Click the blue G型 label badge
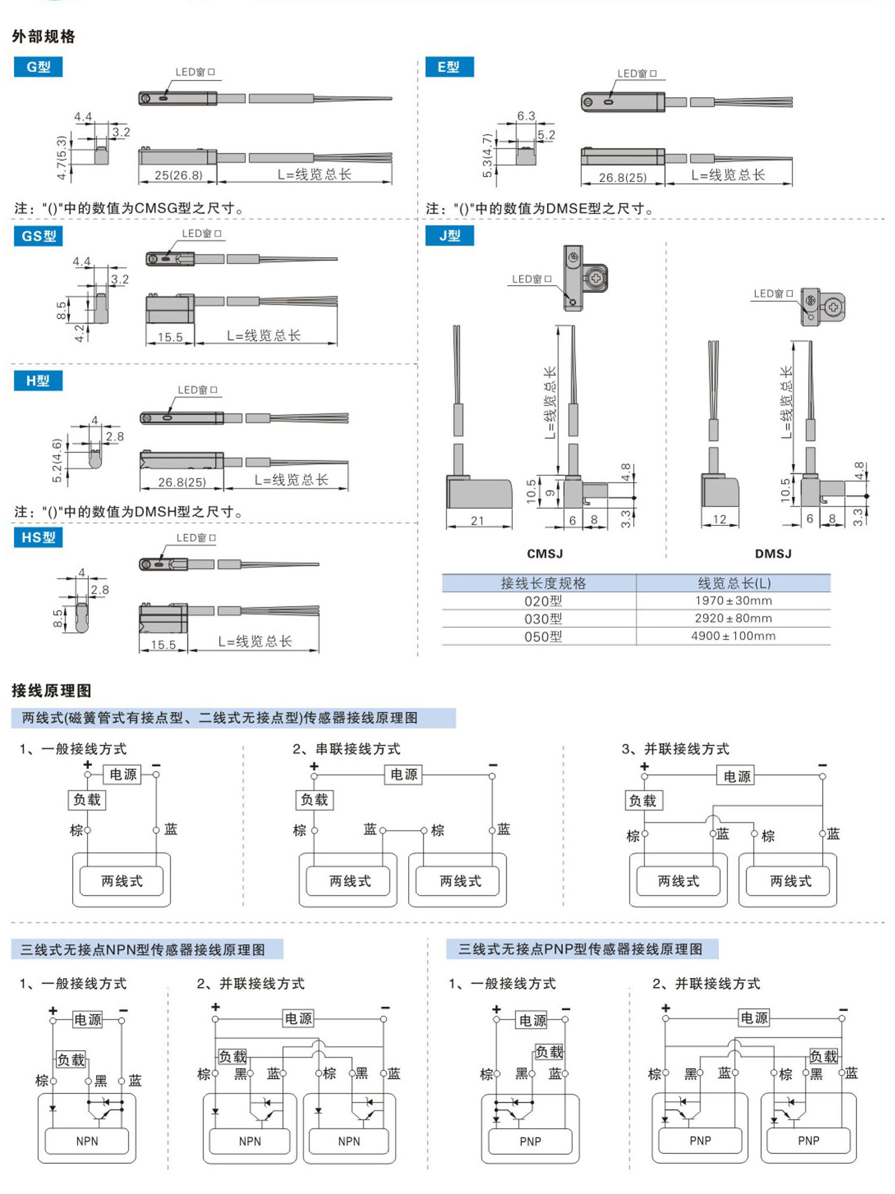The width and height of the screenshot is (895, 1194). pyautogui.click(x=38, y=67)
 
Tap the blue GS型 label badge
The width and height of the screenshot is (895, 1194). pyautogui.click(x=38, y=236)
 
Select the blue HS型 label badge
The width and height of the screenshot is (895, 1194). pyautogui.click(x=38, y=537)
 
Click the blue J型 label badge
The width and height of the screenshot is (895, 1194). pyautogui.click(x=449, y=236)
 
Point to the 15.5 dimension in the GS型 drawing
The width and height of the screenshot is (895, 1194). pyautogui.click(x=170, y=337)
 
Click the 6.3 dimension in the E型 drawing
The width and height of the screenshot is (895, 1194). pyautogui.click(x=526, y=116)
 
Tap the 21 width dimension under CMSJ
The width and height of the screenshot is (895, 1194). pyautogui.click(x=477, y=521)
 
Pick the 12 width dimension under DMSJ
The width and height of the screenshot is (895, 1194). pyautogui.click(x=720, y=519)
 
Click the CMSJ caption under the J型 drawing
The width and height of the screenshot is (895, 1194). pyautogui.click(x=545, y=554)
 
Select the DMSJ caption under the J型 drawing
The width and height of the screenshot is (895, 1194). pyautogui.click(x=773, y=554)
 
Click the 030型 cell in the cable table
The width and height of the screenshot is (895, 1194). pyautogui.click(x=543, y=618)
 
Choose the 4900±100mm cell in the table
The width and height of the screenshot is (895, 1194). pyautogui.click(x=733, y=636)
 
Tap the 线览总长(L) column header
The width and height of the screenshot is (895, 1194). pyautogui.click(x=734, y=583)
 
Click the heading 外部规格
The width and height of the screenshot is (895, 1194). pyautogui.click(x=44, y=37)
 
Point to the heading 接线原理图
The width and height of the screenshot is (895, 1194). pyautogui.click(x=51, y=691)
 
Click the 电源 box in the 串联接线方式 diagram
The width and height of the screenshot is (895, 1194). pyautogui.click(x=404, y=775)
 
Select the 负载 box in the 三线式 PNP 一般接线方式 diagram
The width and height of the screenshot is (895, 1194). pyautogui.click(x=549, y=1051)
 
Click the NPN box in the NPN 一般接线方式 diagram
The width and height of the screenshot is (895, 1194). pyautogui.click(x=87, y=1141)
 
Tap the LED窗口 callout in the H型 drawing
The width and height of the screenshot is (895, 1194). pyautogui.click(x=197, y=390)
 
